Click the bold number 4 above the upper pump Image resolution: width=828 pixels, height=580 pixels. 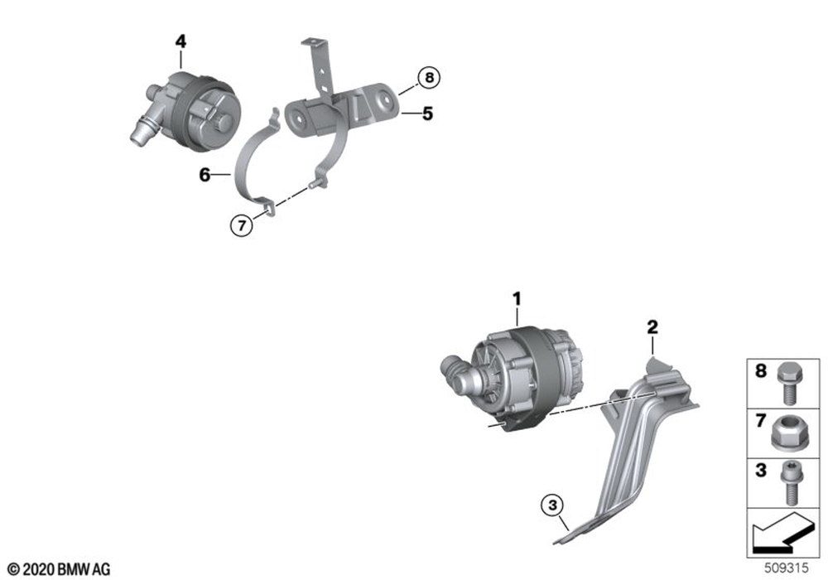[x=181, y=41]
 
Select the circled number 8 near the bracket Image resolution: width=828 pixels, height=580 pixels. [x=429, y=78]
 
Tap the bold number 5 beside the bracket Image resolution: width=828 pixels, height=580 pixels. [x=427, y=113]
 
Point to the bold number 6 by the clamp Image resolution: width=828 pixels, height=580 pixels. [x=205, y=174]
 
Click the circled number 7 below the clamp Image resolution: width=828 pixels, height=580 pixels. [x=241, y=226]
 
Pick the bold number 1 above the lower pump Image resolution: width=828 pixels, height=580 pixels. [x=517, y=299]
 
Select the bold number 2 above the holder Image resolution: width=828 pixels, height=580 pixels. [x=652, y=327]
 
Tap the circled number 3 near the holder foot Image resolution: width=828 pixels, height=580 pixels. [x=552, y=505]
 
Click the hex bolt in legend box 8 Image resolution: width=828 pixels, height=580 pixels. [x=790, y=384]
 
